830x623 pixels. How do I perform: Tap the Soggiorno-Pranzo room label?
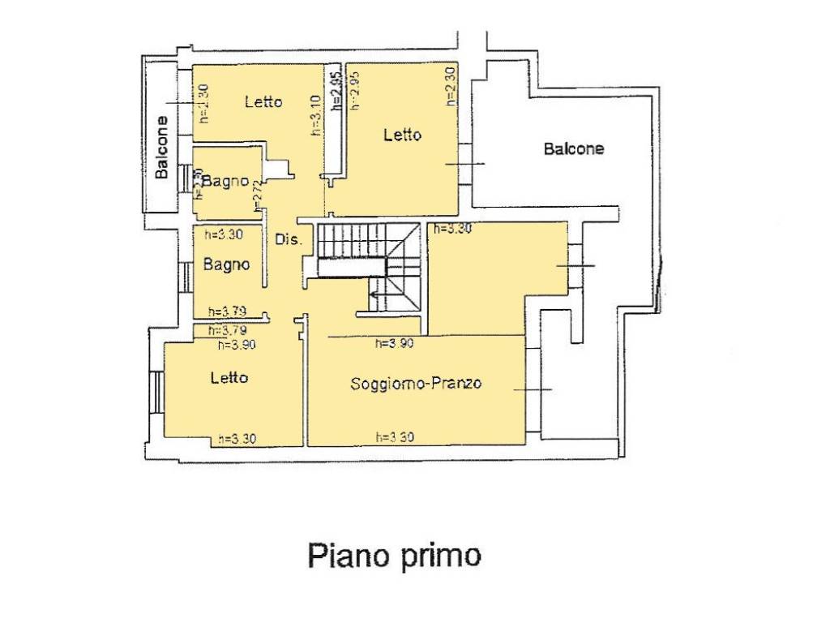click(x=416, y=383)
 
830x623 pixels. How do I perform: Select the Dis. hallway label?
click(x=289, y=239)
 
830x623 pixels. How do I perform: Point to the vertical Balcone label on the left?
click(x=162, y=147)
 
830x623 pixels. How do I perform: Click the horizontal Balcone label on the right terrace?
click(x=574, y=149)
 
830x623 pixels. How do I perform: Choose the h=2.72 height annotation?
click(x=258, y=195)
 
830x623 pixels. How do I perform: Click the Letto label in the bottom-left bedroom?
click(x=229, y=377)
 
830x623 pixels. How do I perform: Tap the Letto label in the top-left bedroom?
click(x=263, y=101)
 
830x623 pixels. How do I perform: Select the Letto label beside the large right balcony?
click(x=402, y=135)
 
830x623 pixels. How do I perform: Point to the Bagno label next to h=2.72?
click(x=225, y=182)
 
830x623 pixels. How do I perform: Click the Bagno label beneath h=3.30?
click(x=226, y=264)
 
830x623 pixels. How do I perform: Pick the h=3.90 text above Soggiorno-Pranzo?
click(x=395, y=343)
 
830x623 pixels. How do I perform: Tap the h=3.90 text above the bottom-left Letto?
click(x=237, y=344)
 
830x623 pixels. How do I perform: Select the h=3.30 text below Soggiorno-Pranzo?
click(x=396, y=437)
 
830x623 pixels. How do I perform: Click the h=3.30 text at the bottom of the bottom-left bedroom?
click(x=237, y=439)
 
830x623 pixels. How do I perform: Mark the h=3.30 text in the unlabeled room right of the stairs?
click(x=452, y=229)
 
